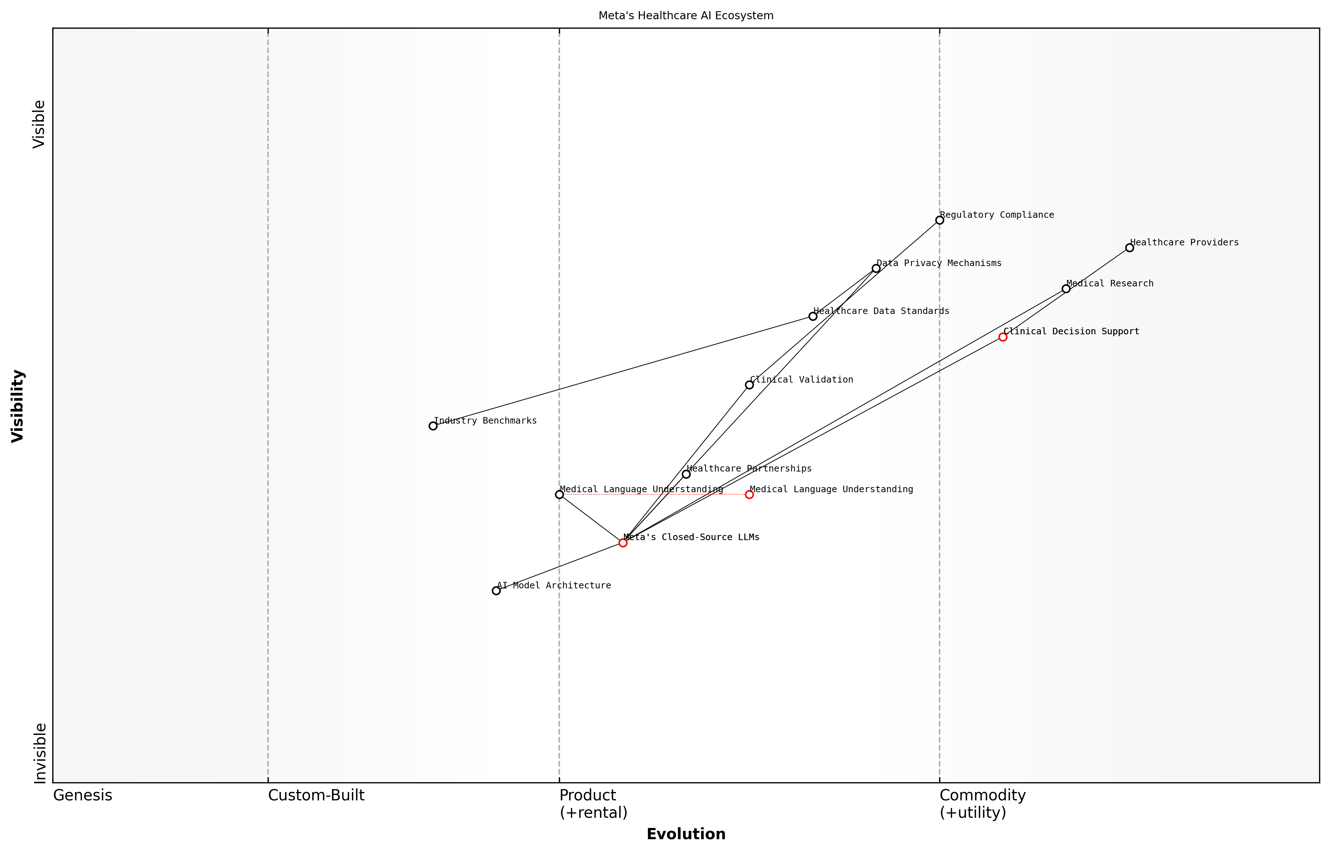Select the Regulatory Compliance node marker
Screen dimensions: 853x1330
point(939,220)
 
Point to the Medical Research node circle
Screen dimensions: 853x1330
point(1066,289)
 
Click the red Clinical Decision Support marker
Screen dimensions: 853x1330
point(1002,337)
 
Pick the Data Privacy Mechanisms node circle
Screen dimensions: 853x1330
point(876,268)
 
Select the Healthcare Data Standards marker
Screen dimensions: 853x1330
point(812,316)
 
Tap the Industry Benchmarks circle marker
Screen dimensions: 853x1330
point(433,426)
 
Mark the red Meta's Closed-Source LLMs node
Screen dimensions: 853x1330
point(623,543)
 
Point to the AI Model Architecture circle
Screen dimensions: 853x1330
point(496,591)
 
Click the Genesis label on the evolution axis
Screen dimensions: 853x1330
point(82,795)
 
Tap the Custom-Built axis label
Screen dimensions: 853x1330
point(316,795)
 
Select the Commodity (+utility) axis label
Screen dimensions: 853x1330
point(982,804)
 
